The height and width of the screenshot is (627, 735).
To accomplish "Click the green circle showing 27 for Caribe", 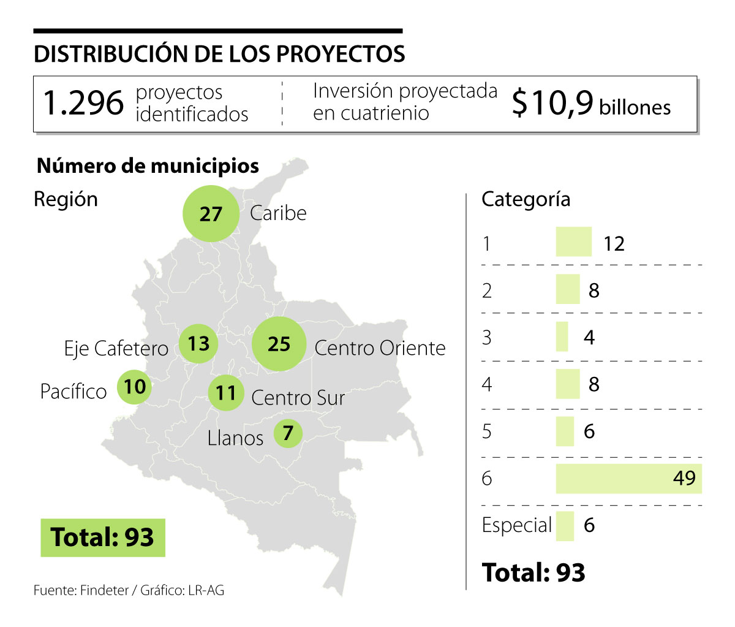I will point(211,213).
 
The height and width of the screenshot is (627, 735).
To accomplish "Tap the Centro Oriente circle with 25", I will point(279,344).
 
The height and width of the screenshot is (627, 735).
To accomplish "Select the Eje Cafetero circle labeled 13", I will point(198,343).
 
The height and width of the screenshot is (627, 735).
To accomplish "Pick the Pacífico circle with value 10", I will point(134,387).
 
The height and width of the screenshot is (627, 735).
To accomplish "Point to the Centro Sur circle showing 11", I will point(226,392).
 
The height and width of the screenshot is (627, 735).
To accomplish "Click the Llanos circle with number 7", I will point(288,433).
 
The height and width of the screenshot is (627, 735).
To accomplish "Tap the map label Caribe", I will point(278,213).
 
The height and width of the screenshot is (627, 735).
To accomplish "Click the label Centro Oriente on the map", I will point(380,348).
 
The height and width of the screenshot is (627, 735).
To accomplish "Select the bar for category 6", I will point(628,478).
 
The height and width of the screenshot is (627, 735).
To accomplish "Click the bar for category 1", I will point(573,242).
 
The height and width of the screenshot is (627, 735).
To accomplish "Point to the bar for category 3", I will point(562,336).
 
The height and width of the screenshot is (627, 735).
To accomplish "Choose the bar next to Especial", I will point(565,526).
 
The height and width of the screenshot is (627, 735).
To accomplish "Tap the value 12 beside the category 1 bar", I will point(614,243).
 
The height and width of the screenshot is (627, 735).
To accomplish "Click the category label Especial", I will point(516,525).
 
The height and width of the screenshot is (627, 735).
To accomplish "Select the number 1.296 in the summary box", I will point(83,103).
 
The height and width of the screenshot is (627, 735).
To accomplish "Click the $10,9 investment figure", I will point(552,103).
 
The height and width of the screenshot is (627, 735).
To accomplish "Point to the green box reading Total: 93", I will point(103,538).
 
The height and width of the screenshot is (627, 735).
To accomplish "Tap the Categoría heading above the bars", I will point(526,199).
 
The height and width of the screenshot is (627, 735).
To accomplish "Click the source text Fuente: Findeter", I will point(81,591).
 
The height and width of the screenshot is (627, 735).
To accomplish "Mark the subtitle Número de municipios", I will point(148,166).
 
